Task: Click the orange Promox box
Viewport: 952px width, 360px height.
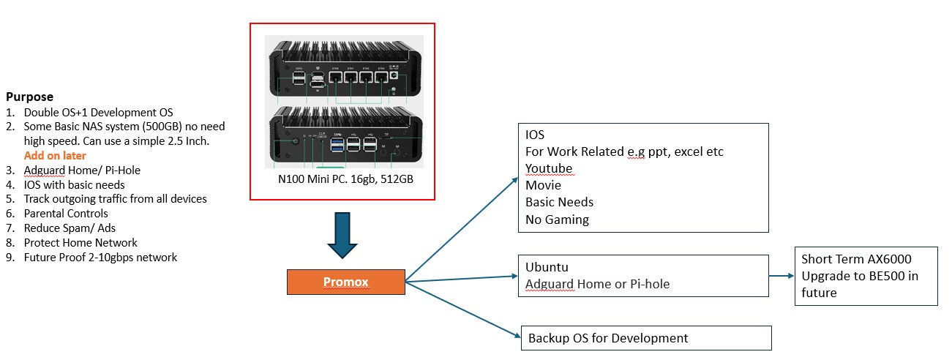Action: pyautogui.click(x=345, y=282)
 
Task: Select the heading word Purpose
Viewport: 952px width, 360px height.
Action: pyautogui.click(x=29, y=97)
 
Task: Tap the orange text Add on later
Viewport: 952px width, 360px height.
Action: pyautogui.click(x=55, y=155)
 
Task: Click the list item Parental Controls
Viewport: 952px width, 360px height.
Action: pyautogui.click(x=66, y=214)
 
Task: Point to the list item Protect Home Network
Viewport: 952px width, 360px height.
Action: pyautogui.click(x=80, y=243)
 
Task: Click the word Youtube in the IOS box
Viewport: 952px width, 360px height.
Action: pyautogui.click(x=549, y=169)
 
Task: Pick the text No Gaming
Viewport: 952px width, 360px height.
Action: pyautogui.click(x=557, y=219)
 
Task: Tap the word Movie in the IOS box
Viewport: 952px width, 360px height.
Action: pyautogui.click(x=543, y=186)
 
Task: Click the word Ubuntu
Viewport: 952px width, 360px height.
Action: pyautogui.click(x=547, y=268)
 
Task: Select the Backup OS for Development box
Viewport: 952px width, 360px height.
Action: pyautogui.click(x=646, y=338)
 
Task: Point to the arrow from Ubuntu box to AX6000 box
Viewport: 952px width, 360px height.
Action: pyautogui.click(x=782, y=277)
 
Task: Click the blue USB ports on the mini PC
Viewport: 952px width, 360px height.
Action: pyautogui.click(x=337, y=143)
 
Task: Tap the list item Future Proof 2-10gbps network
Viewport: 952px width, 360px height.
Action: pyautogui.click(x=100, y=258)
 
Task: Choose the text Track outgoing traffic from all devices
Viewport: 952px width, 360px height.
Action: pyautogui.click(x=115, y=199)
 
